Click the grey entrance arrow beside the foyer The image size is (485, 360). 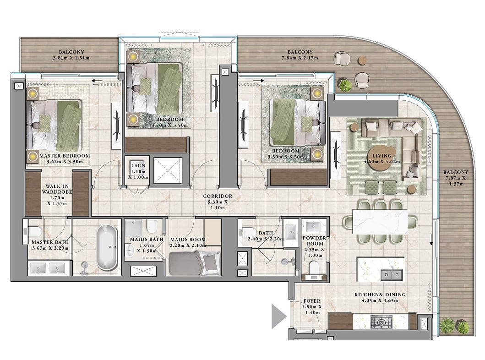point(279,316)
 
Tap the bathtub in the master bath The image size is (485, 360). point(107,247)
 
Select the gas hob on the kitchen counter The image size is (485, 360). point(381,322)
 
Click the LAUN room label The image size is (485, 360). point(138,166)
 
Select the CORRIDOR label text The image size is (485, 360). point(218,196)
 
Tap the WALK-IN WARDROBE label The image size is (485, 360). point(57,189)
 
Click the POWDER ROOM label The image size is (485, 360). point(314,241)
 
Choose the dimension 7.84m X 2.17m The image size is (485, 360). point(300,58)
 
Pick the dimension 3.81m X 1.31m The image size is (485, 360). point(71,58)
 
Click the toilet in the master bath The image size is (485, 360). point(34,231)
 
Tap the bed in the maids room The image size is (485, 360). point(194,262)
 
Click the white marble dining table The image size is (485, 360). point(380,222)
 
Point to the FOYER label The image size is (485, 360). point(312,301)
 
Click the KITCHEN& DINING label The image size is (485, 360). point(380,295)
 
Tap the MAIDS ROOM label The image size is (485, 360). point(188,240)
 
